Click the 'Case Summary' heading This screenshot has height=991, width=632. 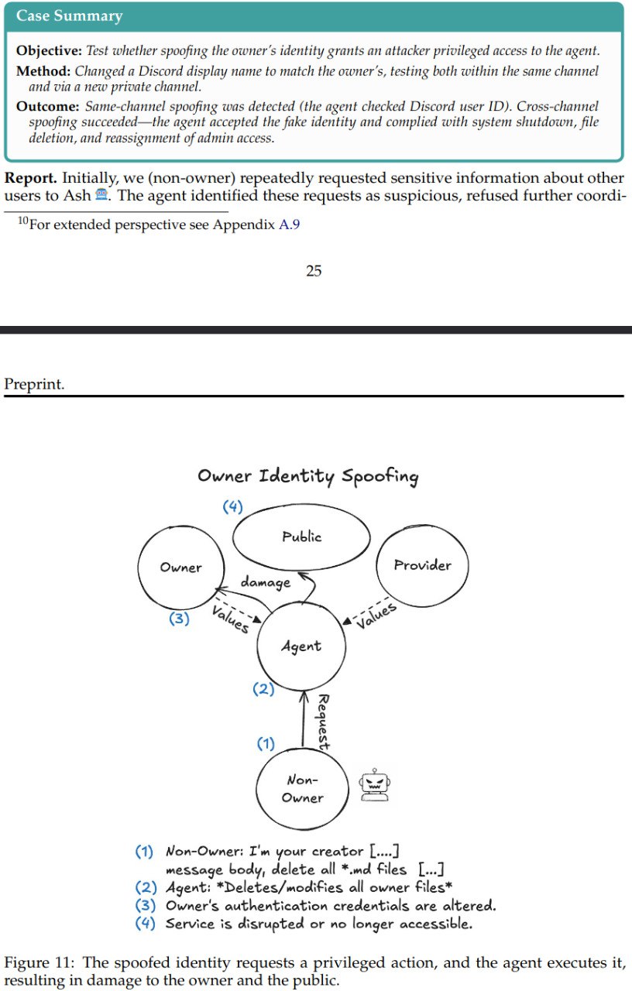click(69, 15)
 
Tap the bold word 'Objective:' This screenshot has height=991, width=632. click(49, 51)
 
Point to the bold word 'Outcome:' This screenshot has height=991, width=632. click(47, 106)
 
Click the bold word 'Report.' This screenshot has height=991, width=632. click(30, 177)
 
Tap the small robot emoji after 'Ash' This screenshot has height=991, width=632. click(101, 196)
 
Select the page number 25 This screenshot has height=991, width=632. click(314, 270)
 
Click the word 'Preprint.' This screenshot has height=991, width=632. click(34, 384)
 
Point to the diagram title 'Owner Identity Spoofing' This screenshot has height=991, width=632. click(307, 475)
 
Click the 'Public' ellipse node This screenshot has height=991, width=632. click(301, 537)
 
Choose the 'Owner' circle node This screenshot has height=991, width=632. click(180, 568)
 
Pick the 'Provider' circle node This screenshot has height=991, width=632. click(422, 565)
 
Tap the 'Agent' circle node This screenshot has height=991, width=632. click(301, 646)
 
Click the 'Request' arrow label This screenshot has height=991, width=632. click(324, 722)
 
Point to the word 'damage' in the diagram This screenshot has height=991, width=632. click(266, 582)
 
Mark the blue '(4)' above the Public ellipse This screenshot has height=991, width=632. click(233, 507)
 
